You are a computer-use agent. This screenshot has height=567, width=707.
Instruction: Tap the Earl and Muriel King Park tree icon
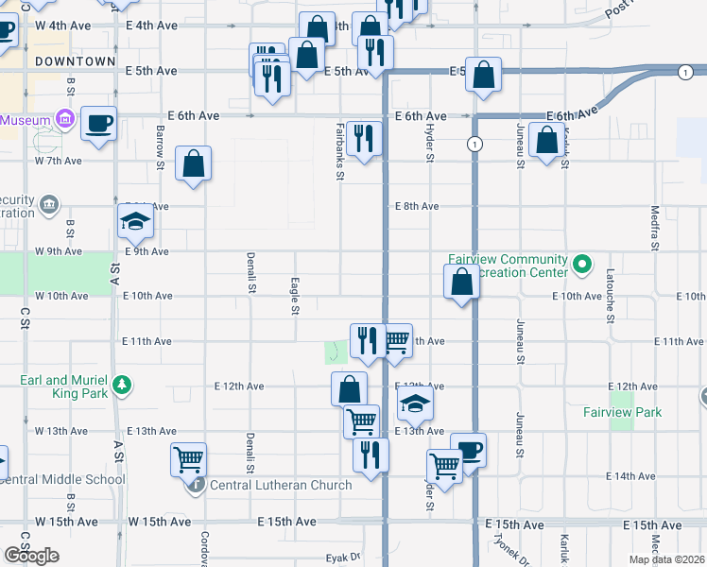[121, 385]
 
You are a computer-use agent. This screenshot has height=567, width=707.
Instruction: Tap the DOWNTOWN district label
[75, 61]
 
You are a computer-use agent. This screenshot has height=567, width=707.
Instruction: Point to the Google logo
[31, 556]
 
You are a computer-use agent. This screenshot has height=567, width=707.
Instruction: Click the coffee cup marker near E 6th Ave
[98, 124]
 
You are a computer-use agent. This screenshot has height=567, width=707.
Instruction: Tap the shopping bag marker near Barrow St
[193, 164]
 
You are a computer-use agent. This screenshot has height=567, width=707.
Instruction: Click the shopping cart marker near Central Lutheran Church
[189, 459]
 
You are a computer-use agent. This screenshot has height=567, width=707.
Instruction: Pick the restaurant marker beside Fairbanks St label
[364, 138]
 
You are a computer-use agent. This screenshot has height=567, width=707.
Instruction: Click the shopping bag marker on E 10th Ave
[461, 282]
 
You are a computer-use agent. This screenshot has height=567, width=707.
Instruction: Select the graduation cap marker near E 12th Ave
[414, 404]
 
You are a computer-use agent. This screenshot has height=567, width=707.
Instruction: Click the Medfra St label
[655, 228]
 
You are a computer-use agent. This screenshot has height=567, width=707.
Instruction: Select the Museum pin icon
[63, 120]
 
